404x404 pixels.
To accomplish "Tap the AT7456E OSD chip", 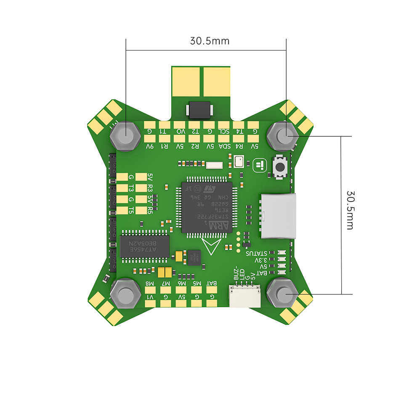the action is [x=145, y=246].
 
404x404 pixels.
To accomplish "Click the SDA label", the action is [x=226, y=146].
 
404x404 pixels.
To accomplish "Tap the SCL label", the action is [x=225, y=131].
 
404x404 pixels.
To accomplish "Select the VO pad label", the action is [x=180, y=131].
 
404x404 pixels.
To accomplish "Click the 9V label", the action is [x=150, y=146].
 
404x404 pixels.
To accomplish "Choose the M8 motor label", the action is [x=150, y=283].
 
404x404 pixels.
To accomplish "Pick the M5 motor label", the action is [x=197, y=283].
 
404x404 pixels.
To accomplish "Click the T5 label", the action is [x=131, y=210].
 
